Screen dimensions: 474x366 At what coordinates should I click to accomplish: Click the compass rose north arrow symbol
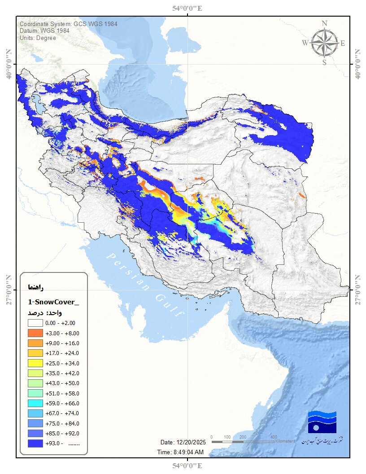coord(325,43)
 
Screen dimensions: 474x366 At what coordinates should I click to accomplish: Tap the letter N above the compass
coord(325,24)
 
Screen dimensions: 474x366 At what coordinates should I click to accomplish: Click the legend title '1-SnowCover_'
coord(53,302)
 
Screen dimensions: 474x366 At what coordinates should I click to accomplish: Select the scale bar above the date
coord(242,442)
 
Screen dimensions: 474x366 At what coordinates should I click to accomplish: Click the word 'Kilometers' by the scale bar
coord(285,442)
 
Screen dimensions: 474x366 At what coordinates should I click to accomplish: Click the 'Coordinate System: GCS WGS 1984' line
coord(68,24)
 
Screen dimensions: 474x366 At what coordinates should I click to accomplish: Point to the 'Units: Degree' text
coord(38,38)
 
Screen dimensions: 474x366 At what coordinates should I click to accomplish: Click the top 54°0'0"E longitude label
coord(187,8)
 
